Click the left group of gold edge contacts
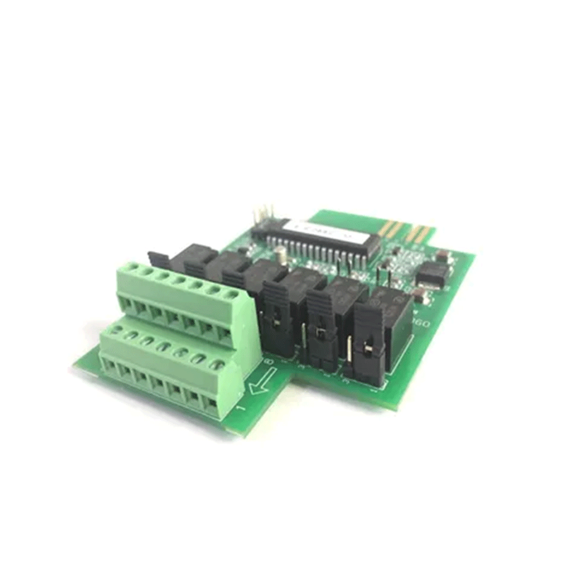(x=391, y=228)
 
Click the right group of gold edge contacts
(x=420, y=233)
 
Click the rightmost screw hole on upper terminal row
(x=231, y=294)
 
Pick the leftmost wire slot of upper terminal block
(x=128, y=305)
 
